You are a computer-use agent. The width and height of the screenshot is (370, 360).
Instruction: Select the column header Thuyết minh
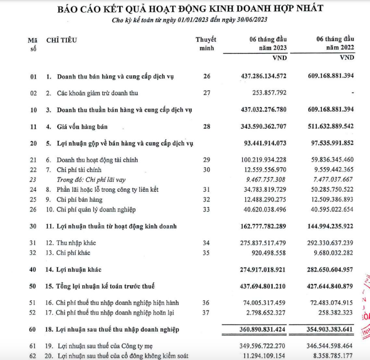(x=205, y=43)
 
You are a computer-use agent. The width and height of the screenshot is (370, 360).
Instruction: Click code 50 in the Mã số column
(x=34, y=286)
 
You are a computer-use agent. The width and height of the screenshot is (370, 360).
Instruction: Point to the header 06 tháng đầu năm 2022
(x=335, y=43)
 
